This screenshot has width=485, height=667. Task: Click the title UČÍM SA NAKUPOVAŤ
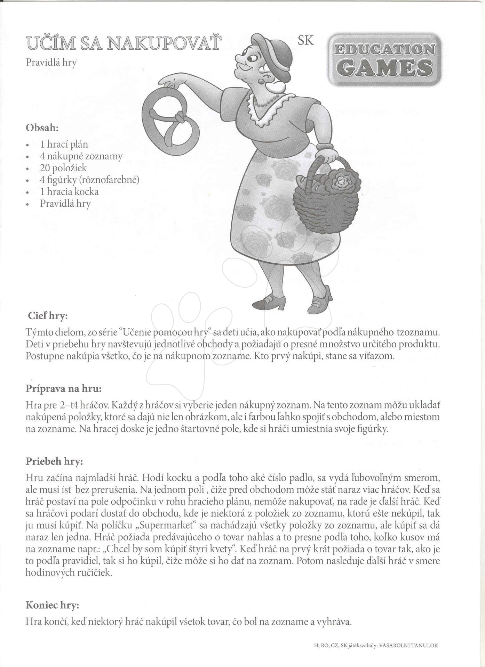(x=123, y=43)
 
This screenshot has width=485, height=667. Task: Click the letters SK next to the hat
(x=306, y=40)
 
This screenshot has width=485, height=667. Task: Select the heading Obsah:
(x=42, y=127)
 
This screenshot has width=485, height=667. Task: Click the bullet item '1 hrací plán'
(x=64, y=144)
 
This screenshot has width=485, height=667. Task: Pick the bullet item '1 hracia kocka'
(x=69, y=191)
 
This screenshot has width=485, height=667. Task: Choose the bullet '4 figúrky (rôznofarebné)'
(x=89, y=180)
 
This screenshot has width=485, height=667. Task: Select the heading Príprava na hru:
(x=64, y=388)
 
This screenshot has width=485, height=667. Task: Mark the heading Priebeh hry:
(x=55, y=461)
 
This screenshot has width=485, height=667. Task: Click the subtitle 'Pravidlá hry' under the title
(x=51, y=62)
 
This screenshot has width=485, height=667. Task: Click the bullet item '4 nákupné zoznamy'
(x=81, y=156)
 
